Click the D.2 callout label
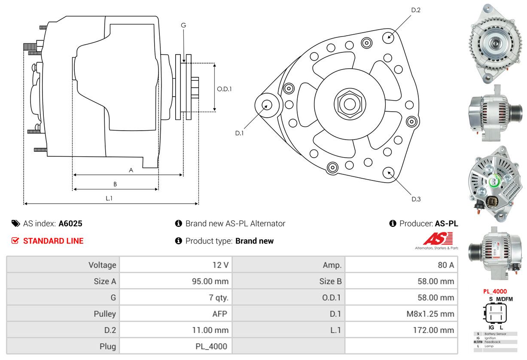click(x=416, y=10)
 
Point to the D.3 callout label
click(x=416, y=199)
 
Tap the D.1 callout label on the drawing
click(x=239, y=133)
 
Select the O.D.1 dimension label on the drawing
click(x=224, y=89)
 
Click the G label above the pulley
click(x=183, y=25)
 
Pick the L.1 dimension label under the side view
click(x=109, y=198)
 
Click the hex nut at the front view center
click(x=350, y=104)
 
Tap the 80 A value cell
click(x=446, y=265)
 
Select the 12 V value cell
click(x=220, y=265)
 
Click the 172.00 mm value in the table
click(x=433, y=330)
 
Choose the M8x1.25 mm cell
click(x=430, y=314)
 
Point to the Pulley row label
click(x=105, y=314)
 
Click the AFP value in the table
click(x=220, y=314)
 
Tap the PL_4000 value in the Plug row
click(x=211, y=347)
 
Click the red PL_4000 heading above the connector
click(x=495, y=292)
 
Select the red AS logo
click(x=438, y=238)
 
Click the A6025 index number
click(x=70, y=223)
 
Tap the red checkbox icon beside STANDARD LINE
click(x=15, y=241)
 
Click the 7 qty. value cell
click(x=219, y=298)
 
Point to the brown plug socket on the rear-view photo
click(x=491, y=201)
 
